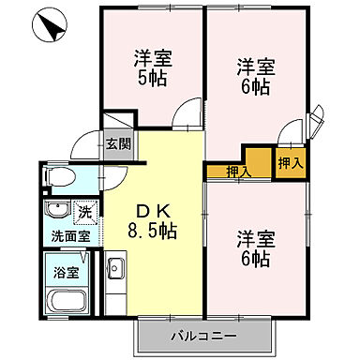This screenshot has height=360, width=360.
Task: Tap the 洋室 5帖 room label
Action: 152,67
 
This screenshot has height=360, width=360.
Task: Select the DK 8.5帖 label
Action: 156,218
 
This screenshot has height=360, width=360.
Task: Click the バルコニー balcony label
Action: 203,335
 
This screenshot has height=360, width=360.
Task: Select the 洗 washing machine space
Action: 85,212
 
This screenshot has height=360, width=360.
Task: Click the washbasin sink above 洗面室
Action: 57,210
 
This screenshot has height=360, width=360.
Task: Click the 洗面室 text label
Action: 69,236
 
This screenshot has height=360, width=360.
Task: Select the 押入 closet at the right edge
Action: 290,161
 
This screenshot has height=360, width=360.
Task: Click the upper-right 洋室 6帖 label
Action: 254,75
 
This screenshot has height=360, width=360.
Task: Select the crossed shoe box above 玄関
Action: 117,123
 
